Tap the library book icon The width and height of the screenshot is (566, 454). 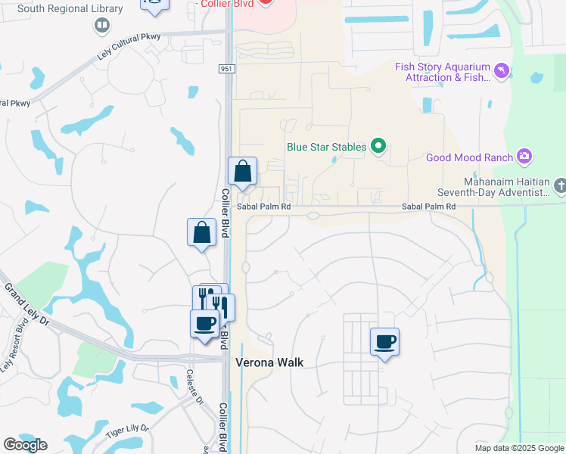[101, 26]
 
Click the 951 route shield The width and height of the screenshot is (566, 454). [229, 69]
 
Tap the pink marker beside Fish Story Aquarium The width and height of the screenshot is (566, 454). [501, 72]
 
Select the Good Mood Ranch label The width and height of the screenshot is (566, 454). [469, 157]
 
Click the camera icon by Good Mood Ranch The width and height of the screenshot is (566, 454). [524, 157]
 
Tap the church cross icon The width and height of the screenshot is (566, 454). [560, 185]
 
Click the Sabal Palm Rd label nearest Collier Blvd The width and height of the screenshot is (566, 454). [263, 206]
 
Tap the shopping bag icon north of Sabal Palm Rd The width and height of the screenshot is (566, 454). [242, 173]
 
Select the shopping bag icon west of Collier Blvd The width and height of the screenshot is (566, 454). [201, 233]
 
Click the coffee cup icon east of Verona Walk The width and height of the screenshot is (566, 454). [384, 342]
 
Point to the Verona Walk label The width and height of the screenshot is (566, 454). [269, 362]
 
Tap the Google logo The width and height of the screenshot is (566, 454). [25, 445]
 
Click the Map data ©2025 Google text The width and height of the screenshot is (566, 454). [519, 448]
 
